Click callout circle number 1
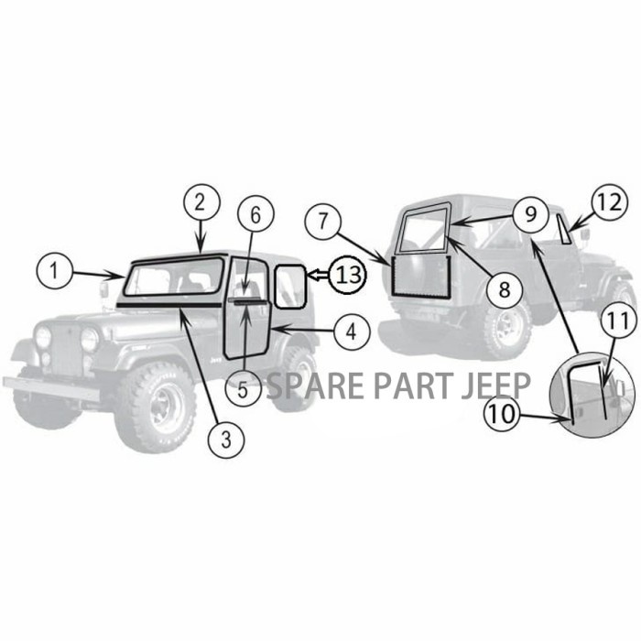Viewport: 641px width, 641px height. click(x=55, y=271)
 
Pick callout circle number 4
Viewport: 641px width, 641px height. click(x=352, y=332)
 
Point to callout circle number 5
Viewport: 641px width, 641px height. click(x=243, y=389)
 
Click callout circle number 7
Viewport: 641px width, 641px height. click(x=324, y=223)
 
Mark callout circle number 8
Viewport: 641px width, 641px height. click(x=504, y=289)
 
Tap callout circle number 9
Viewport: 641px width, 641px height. click(x=530, y=216)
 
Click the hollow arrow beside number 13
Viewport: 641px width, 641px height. click(x=317, y=273)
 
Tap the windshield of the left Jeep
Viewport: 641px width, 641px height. click(x=174, y=277)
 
